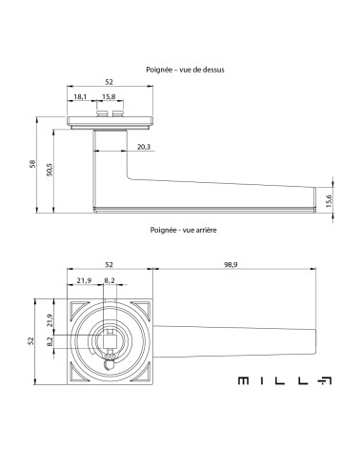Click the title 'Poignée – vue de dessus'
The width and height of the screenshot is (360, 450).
coord(185,70)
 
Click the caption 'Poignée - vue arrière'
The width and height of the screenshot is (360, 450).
coord(184,230)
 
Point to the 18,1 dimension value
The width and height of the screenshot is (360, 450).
coord(80,96)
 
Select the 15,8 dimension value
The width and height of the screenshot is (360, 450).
coord(109,96)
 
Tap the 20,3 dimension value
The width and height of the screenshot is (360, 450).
coord(144,147)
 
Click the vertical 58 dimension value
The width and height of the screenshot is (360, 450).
coord(32,164)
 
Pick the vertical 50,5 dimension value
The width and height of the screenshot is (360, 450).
coord(50,170)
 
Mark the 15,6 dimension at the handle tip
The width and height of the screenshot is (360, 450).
coord(329,201)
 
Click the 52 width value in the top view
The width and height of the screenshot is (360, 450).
coord(109,82)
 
